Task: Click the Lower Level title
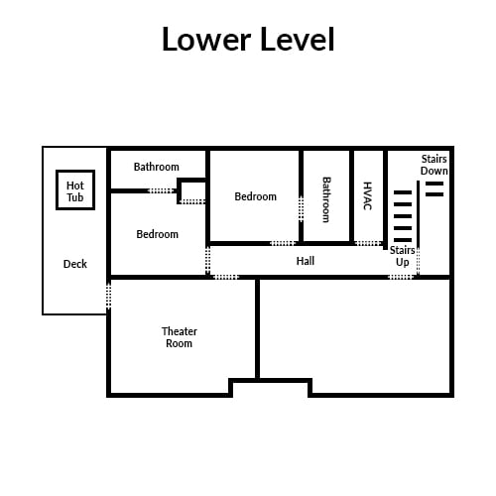(248, 39)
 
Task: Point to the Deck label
(75, 264)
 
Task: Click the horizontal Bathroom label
(157, 167)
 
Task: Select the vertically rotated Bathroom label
(326, 199)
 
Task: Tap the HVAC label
(367, 195)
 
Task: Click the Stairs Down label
(434, 165)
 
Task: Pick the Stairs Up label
(402, 256)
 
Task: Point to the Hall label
(306, 261)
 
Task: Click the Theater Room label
(180, 337)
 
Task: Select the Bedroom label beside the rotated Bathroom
(255, 196)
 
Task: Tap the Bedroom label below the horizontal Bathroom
(157, 234)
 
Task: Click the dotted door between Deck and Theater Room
(108, 296)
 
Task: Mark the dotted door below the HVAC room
(369, 243)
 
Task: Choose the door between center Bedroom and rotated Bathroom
(301, 209)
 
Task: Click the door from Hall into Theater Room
(226, 277)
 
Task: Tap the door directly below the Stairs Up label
(401, 277)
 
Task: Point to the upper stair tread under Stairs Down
(434, 184)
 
